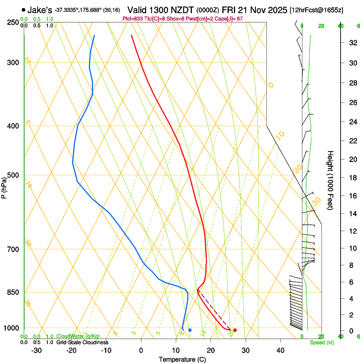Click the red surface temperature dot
point(235,330)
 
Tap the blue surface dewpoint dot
point(190,330)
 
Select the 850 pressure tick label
point(13,292)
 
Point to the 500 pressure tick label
point(13,175)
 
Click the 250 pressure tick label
point(13,22)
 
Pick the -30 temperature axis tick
point(36,350)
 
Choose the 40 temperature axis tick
point(280,350)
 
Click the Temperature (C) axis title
point(182,360)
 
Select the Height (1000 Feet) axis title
point(330,180)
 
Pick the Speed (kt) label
point(322,342)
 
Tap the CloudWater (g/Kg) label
point(78,336)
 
